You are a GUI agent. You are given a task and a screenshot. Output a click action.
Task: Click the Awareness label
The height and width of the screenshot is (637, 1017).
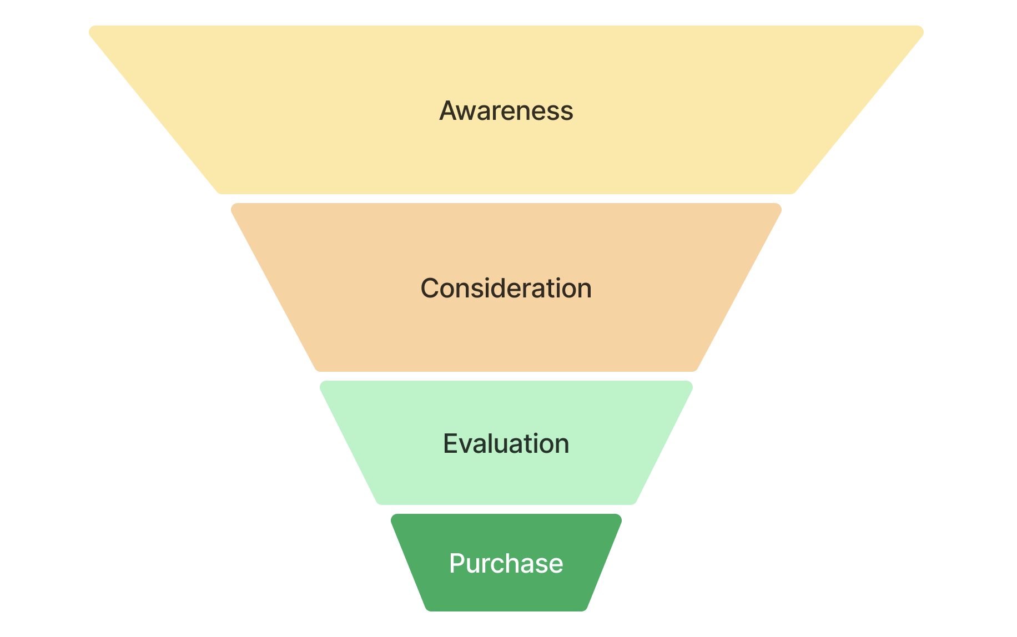pyautogui.click(x=506, y=110)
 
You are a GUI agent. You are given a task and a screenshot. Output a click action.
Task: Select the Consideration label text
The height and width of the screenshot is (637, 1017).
pyautogui.click(x=506, y=288)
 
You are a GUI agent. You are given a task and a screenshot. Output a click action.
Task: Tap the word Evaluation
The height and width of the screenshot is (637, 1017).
pyautogui.click(x=506, y=443)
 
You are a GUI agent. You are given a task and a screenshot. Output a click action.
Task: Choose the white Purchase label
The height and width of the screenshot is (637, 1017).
pyautogui.click(x=506, y=563)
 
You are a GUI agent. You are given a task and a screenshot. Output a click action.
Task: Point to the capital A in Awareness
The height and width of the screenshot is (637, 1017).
pyautogui.click(x=448, y=110)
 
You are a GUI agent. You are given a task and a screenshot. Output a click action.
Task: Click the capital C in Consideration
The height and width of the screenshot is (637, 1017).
pyautogui.click(x=430, y=289)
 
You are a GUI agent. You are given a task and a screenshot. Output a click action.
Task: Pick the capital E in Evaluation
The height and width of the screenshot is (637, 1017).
pyautogui.click(x=450, y=443)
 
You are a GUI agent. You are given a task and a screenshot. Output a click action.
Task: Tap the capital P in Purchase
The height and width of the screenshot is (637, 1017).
pyautogui.click(x=456, y=563)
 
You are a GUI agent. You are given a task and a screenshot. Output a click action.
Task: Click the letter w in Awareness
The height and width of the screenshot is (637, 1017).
pyautogui.click(x=467, y=113)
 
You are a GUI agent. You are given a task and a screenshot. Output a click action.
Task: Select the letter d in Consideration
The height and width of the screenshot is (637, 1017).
pyautogui.click(x=497, y=289)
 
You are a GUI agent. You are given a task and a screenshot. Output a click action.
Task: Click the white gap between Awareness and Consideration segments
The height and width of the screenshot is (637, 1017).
pyautogui.click(x=506, y=199)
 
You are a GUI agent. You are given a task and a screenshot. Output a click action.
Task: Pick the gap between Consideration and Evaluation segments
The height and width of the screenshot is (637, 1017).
pyautogui.click(x=506, y=376)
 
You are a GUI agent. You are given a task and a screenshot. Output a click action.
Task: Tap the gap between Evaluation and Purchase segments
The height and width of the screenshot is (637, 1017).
pyautogui.click(x=506, y=509)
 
